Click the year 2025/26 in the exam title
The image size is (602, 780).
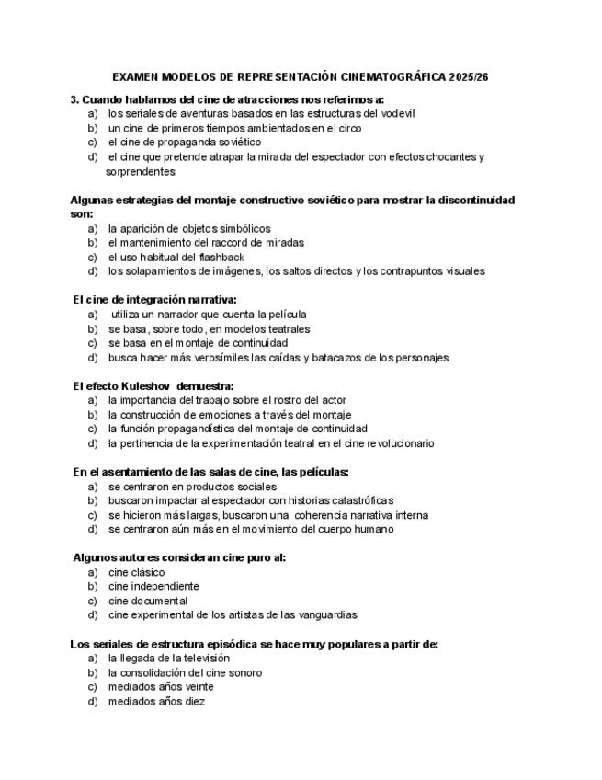(465, 77)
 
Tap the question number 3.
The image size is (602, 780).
(74, 99)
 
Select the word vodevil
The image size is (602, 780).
(396, 114)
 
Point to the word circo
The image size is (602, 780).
(348, 129)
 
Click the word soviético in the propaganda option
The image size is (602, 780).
(238, 143)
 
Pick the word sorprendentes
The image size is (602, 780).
(141, 172)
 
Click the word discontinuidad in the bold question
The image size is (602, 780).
(471, 201)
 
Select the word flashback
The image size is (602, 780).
(221, 258)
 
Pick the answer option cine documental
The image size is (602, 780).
(148, 601)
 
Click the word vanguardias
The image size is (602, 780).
(324, 614)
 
